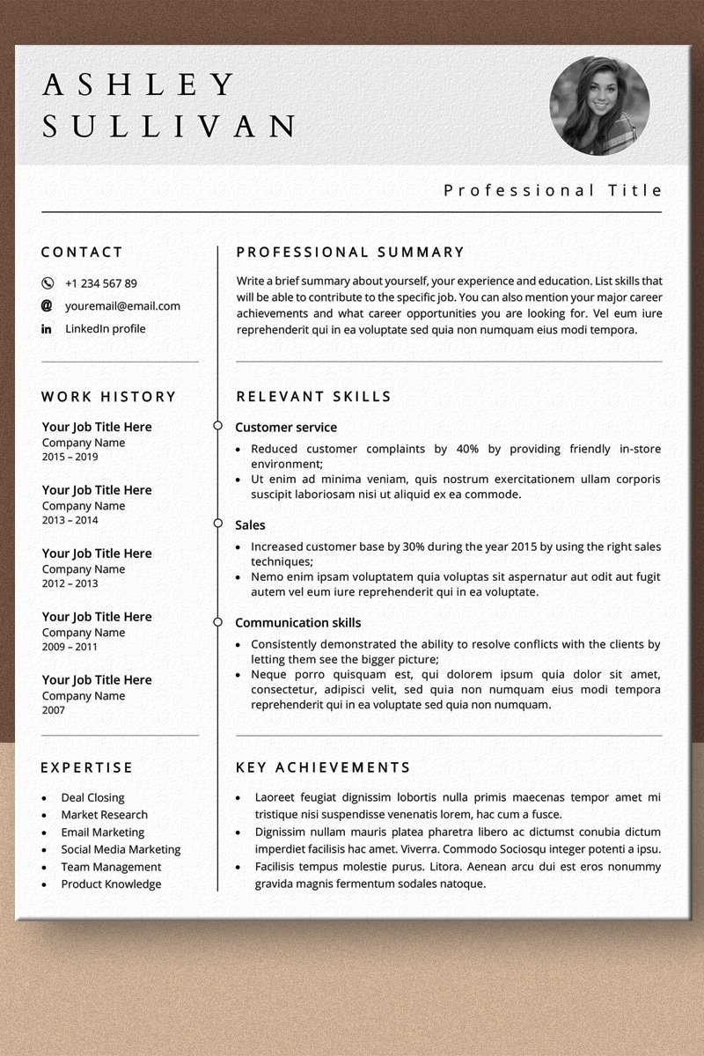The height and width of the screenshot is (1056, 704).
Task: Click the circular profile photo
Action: [x=599, y=106]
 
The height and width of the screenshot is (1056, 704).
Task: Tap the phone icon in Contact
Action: [x=48, y=283]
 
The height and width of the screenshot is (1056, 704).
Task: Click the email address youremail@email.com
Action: [x=122, y=306]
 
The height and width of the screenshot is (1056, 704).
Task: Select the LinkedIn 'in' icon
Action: [x=47, y=329]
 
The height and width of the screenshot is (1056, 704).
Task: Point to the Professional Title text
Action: [x=553, y=190]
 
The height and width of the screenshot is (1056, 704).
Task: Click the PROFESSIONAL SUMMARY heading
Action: [x=350, y=253]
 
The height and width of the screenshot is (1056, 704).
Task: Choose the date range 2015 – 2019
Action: [x=70, y=458]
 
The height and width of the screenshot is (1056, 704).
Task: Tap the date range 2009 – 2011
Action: [x=70, y=648]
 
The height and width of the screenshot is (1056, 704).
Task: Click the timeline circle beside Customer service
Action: [x=217, y=426]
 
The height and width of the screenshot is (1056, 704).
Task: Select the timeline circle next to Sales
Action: [x=217, y=524]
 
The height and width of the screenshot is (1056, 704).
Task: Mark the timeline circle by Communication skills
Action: [x=217, y=622]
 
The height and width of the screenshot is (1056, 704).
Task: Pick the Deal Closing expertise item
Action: [x=92, y=797]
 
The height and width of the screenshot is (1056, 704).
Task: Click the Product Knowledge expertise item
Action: [x=111, y=884]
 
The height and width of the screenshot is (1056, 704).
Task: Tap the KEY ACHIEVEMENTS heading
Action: [x=323, y=767]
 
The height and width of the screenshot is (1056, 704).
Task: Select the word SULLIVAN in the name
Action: [x=170, y=126]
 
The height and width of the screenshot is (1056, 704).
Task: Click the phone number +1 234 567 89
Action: [x=100, y=283]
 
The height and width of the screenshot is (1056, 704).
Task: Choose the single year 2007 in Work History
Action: [x=55, y=710]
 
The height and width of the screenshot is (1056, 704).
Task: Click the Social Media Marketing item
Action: [x=121, y=849]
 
